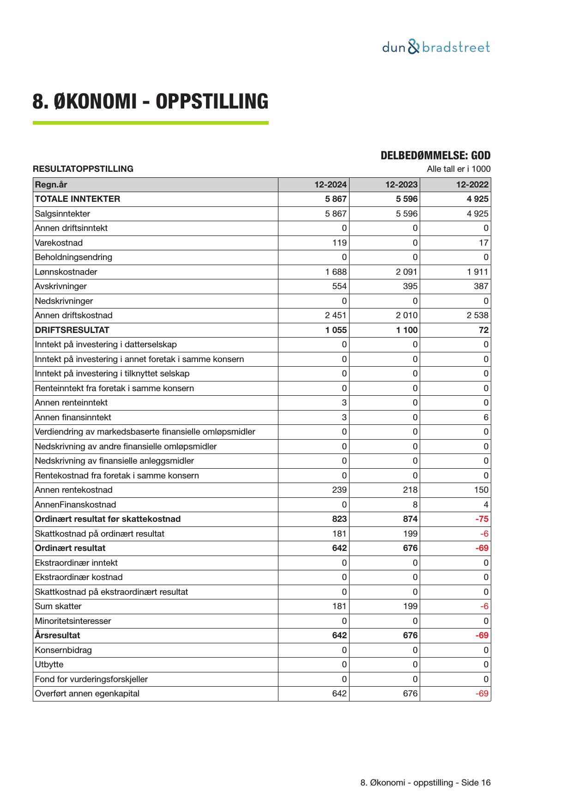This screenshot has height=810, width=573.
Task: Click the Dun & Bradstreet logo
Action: [x=436, y=47]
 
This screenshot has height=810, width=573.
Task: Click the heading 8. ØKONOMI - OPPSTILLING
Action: [x=150, y=102]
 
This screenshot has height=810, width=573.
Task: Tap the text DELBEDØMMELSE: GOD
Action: [x=435, y=156]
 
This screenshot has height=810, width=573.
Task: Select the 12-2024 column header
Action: [x=330, y=185]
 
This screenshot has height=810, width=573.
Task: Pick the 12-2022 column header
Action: [x=472, y=185]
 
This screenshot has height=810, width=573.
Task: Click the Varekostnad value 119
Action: [x=339, y=243]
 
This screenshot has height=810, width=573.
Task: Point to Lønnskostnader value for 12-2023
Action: [x=406, y=272]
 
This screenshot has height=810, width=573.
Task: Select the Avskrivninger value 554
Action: [x=339, y=286]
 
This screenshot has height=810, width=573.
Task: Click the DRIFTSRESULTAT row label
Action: [x=72, y=330]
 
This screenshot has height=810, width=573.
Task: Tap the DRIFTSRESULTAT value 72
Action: [x=483, y=330]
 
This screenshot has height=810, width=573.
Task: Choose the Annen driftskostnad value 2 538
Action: [x=477, y=315]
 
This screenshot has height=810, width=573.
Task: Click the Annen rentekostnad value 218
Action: [x=410, y=490]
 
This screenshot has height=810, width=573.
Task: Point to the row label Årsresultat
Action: [x=57, y=635]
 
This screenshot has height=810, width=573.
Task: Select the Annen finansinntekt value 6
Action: [x=486, y=417]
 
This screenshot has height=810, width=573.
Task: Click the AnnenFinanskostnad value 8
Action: [x=415, y=505]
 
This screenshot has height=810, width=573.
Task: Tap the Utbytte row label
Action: [x=49, y=665]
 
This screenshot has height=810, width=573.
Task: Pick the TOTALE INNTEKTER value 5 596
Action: [x=406, y=199]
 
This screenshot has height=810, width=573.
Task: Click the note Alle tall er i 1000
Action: [x=458, y=169]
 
